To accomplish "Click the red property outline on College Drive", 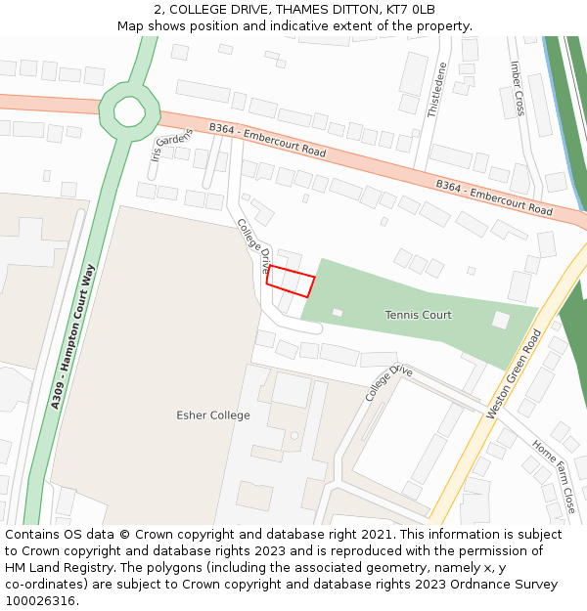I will [291, 282].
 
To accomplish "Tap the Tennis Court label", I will [418, 315].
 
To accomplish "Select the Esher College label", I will [212, 415].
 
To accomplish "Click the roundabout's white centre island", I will [129, 110].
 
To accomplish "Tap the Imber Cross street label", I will [518, 88].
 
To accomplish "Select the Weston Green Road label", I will [513, 374].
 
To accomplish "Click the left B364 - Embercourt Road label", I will [267, 140].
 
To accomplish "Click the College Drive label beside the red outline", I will [253, 244].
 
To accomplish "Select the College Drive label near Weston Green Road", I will [389, 383].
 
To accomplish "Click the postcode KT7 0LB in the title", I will [412, 10].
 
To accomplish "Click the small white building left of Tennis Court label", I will [338, 312].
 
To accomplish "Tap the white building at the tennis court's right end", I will [500, 320].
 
